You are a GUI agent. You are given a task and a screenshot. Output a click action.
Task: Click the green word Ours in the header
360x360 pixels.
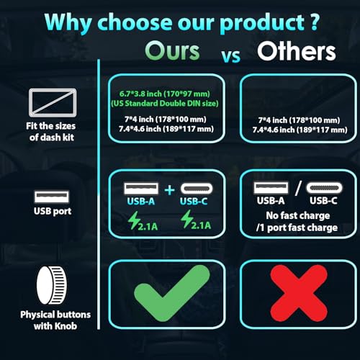click(172, 51)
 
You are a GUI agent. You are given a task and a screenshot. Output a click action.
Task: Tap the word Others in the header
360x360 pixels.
click(297, 51)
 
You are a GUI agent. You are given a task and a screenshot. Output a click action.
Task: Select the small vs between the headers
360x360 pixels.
click(230, 56)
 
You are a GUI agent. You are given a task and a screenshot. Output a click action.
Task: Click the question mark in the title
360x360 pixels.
click(315, 22)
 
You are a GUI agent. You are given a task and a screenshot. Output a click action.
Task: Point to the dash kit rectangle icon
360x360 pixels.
click(53, 102)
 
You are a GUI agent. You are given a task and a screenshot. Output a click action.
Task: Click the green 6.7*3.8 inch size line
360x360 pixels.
click(165, 94)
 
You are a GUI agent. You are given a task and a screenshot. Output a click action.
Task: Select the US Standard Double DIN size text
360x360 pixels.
click(165, 104)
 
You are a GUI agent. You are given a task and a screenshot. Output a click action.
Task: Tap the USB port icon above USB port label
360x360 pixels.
click(52, 197)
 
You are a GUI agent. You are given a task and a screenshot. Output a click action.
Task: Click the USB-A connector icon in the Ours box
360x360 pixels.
click(141, 189)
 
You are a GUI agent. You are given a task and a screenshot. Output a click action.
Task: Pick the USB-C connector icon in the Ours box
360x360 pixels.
click(197, 189)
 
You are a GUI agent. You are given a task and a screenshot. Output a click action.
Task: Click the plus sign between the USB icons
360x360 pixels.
click(170, 190)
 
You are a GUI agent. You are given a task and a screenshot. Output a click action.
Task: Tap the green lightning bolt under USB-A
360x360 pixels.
click(134, 220)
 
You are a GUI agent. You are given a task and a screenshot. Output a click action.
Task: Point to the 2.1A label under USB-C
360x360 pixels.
click(201, 225)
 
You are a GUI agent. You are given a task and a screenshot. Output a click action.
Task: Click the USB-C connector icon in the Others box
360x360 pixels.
click(324, 187)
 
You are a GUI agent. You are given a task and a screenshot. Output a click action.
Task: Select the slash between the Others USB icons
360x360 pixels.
click(298, 188)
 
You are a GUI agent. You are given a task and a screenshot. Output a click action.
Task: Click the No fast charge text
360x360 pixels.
click(298, 215)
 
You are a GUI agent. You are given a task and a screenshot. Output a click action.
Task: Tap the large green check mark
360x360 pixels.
click(172, 294)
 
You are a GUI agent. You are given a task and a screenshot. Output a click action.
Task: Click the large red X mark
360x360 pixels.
click(299, 293)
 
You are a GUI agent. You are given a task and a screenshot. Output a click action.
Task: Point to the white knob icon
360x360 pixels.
click(51, 285)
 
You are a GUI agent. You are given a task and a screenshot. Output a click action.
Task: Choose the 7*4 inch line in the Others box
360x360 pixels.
click(299, 120)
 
